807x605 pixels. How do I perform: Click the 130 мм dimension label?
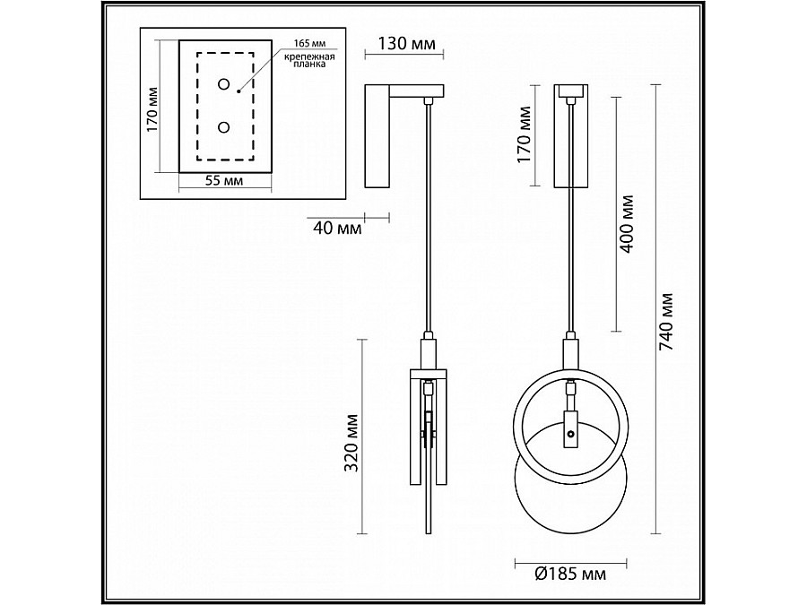click(x=406, y=43)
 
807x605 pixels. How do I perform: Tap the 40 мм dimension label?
click(x=338, y=228)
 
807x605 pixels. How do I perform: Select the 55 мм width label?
click(x=224, y=180)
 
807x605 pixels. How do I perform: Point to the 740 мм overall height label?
click(x=666, y=322)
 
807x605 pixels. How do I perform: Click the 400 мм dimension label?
click(x=627, y=224)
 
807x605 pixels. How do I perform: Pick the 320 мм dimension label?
click(x=351, y=443)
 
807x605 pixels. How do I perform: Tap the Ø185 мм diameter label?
click(x=570, y=573)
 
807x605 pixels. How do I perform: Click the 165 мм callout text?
click(x=309, y=44)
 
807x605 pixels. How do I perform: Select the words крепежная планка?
click(x=309, y=61)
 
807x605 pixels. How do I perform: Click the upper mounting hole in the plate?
click(x=224, y=84)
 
